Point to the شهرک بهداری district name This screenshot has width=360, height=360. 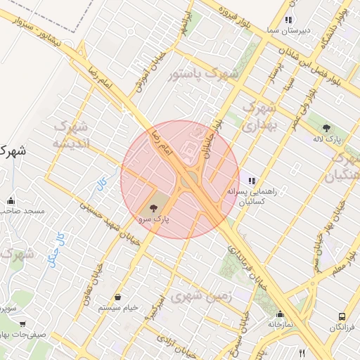259,116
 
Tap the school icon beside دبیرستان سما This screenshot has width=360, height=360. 288,20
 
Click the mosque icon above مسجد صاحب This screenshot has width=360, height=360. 11,200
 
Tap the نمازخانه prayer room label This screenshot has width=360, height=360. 279,325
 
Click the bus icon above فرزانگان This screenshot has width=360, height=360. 342,317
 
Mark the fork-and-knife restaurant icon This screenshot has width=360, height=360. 302,353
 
